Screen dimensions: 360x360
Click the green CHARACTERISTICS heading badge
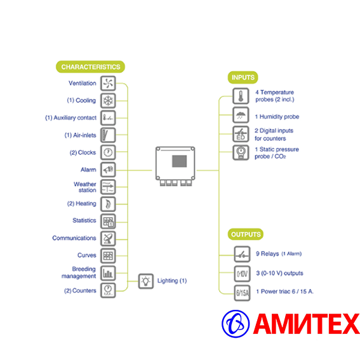90,67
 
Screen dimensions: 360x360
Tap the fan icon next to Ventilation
108,83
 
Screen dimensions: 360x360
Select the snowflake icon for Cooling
108,100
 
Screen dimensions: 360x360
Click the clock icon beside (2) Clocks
108,152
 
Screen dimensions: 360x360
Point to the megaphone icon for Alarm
108,170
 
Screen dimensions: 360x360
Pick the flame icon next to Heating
108,204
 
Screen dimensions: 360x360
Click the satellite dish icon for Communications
108,239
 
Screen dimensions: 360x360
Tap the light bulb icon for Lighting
146,281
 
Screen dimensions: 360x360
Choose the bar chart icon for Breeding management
108,273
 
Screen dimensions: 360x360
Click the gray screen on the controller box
179,161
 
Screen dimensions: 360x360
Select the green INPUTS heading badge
243,77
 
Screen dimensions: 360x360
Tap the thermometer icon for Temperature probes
241,96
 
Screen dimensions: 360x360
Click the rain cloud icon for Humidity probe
241,115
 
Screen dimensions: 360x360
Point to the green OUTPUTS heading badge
246,234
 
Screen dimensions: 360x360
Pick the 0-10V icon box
242,274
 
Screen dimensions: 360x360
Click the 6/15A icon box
242,293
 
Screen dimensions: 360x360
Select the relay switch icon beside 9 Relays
242,254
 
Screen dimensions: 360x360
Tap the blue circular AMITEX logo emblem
236,324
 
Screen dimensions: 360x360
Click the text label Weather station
84,187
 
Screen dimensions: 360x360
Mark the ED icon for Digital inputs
241,134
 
